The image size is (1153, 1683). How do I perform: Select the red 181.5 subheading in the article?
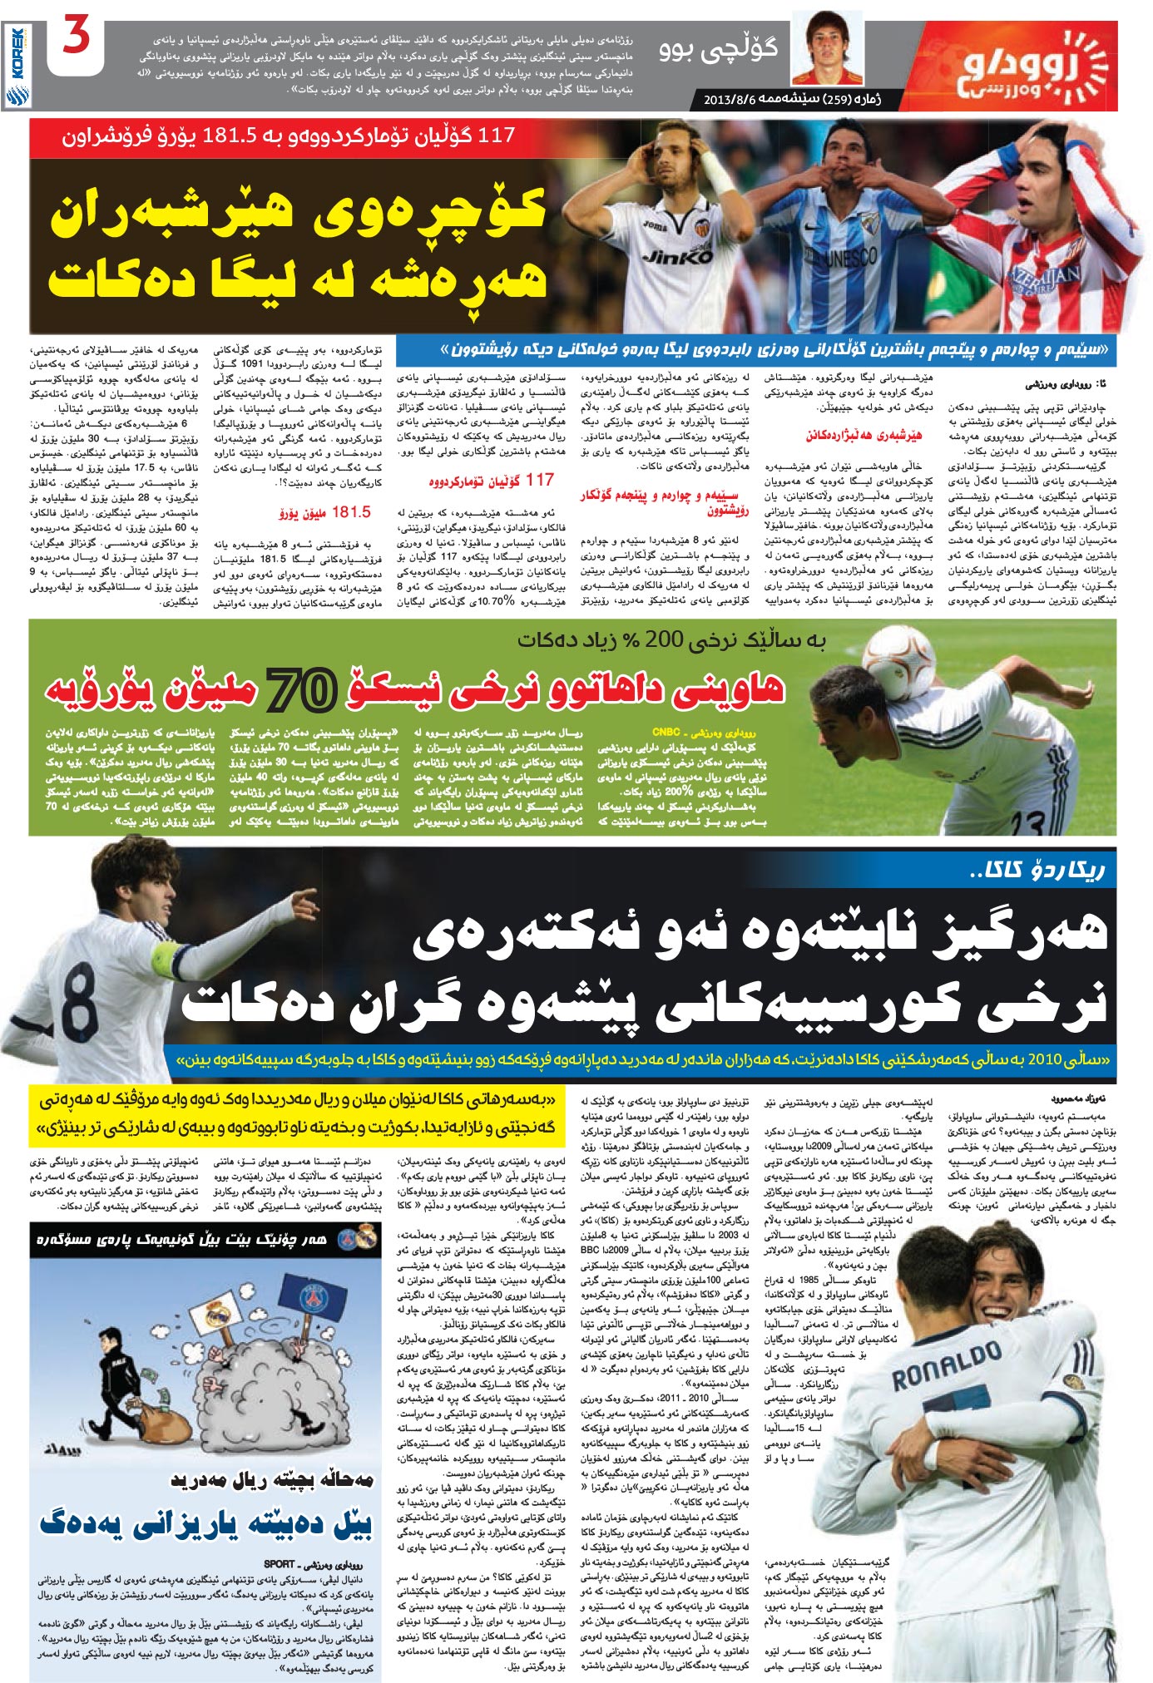(350, 512)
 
